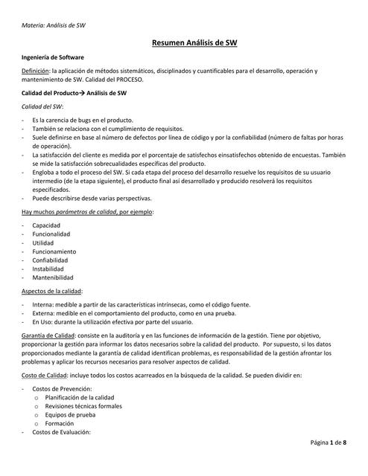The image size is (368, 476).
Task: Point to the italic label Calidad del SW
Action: (42, 106)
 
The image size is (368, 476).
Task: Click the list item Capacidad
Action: (46, 225)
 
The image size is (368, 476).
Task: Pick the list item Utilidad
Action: (43, 242)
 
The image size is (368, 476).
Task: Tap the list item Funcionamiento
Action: (54, 251)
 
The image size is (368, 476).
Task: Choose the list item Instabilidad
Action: (48, 269)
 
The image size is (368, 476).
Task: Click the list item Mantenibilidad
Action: (52, 278)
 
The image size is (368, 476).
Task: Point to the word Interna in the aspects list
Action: (43, 305)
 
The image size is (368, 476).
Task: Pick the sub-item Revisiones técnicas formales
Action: (83, 407)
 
